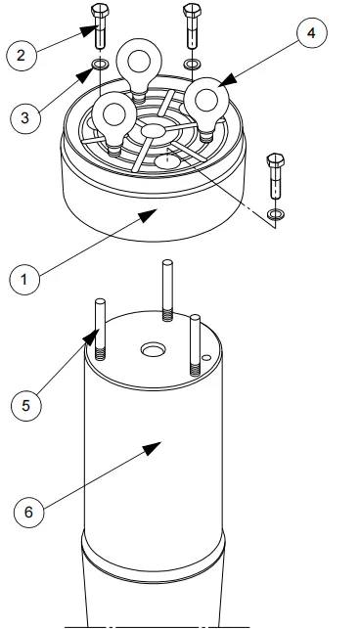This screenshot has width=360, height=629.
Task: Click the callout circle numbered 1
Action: click(25, 280)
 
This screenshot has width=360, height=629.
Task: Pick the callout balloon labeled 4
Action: click(310, 34)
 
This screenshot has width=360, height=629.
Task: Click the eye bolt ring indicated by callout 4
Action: click(206, 99)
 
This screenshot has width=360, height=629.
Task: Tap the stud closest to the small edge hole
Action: click(195, 341)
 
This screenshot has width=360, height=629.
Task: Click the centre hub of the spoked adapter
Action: click(153, 130)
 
